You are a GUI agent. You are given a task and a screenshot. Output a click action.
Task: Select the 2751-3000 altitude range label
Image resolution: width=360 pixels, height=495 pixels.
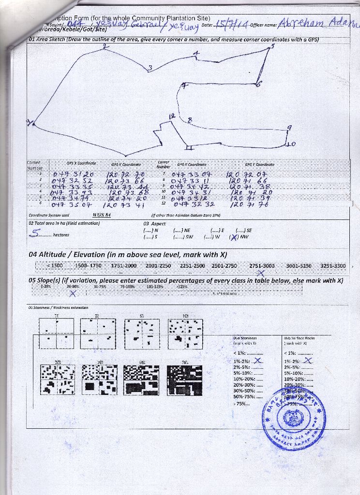262,266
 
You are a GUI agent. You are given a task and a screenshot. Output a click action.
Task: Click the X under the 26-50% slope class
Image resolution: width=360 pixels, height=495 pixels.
73,293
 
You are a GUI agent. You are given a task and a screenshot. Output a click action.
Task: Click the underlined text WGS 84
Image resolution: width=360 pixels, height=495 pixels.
102,215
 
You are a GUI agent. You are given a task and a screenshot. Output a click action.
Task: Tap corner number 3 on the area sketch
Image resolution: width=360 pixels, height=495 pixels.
150,68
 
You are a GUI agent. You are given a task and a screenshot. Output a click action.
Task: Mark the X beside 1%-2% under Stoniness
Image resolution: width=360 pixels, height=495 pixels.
258,360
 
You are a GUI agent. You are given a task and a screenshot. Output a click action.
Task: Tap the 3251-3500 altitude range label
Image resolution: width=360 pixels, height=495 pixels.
333,266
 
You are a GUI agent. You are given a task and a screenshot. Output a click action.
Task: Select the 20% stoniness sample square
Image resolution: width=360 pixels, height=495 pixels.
58,379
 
